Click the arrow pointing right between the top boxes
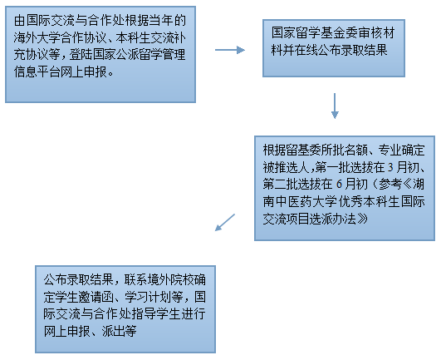230,50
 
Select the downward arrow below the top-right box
335,106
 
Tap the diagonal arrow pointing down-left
225,222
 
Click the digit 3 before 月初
390,167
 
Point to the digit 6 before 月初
339,185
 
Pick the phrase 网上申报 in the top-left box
84,72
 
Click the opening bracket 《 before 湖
407,185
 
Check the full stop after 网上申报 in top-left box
110,74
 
